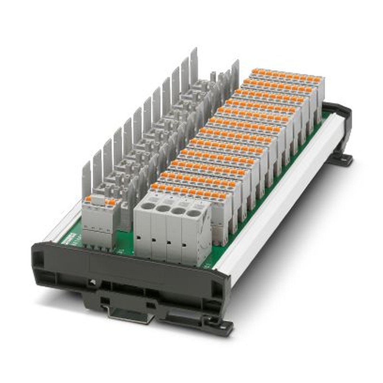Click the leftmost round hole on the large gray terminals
coord(147,206)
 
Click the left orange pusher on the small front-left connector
coord(88,199)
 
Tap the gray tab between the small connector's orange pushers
coord(99,200)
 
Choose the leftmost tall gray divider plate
coord(87,180)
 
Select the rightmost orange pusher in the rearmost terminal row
coord(318,80)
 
